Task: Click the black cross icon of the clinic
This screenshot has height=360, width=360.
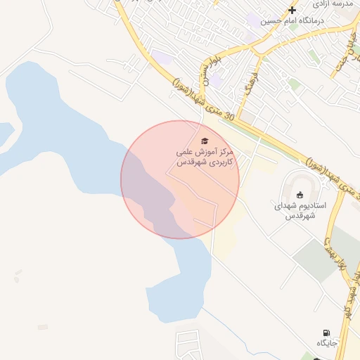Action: (292, 10)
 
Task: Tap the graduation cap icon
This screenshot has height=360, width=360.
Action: (205, 141)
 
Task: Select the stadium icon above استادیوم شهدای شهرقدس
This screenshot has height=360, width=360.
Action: (300, 195)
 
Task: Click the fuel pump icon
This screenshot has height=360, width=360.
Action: (326, 333)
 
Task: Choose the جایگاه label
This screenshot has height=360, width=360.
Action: (327, 343)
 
